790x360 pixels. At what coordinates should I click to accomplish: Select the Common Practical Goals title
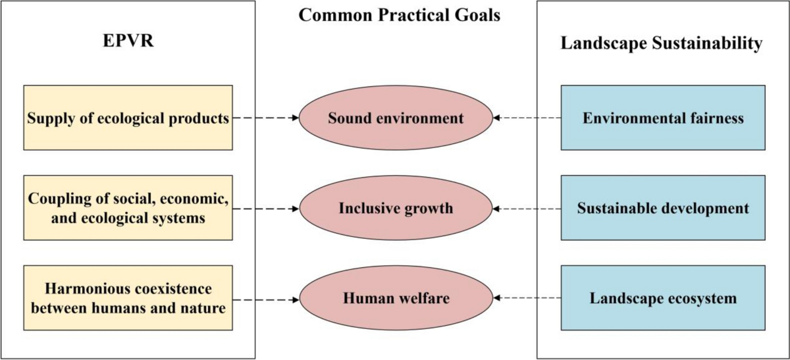pos(399,15)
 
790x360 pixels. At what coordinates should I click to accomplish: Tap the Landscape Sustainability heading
pos(662,44)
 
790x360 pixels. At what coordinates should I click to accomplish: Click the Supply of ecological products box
pos(128,118)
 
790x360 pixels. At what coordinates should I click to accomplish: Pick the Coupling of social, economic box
pos(128,208)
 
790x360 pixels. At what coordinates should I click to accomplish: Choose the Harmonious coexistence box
pos(128,298)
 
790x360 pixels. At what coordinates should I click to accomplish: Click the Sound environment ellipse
pos(396,118)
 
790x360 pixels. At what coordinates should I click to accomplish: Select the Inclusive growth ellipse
pos(396,209)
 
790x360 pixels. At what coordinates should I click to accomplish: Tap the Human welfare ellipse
pos(396,299)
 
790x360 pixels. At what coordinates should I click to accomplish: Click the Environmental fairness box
pos(663,118)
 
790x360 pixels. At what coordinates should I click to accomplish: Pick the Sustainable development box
pos(663,209)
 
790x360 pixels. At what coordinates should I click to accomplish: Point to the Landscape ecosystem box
pos(663,299)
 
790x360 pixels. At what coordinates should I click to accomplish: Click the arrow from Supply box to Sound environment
pos(266,118)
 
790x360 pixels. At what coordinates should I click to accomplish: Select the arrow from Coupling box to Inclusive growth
pos(266,209)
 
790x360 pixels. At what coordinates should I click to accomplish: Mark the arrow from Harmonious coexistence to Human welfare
pos(266,299)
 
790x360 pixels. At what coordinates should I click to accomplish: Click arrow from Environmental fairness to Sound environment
pos(527,118)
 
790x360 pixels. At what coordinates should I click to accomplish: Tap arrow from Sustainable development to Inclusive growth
pos(527,209)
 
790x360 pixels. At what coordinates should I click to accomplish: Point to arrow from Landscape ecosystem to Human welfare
pos(527,299)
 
